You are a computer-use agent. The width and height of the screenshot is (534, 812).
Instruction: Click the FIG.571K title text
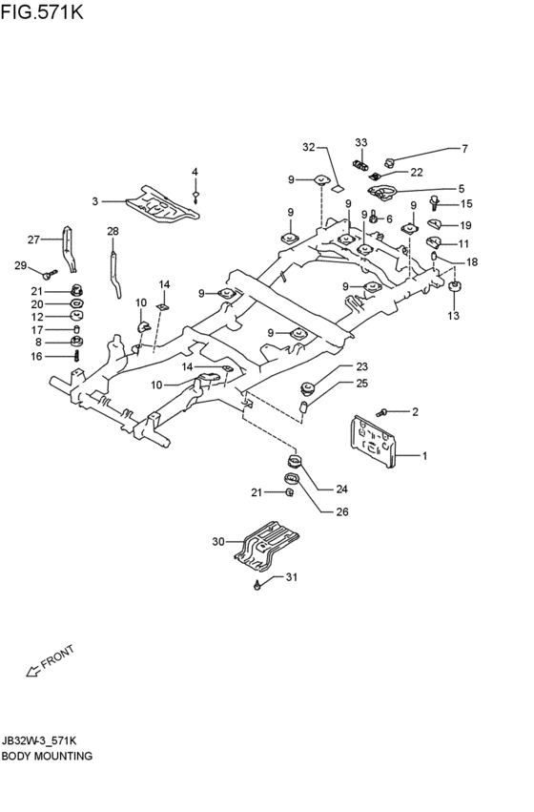point(41,11)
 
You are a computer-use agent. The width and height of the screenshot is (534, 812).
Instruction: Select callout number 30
point(218,542)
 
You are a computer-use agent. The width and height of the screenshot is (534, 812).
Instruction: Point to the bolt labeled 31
point(257,586)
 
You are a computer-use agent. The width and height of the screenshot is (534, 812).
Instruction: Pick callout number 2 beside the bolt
point(415,412)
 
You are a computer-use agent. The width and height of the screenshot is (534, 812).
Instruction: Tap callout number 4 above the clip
point(195,172)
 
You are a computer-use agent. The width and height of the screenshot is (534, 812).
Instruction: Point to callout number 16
point(36,356)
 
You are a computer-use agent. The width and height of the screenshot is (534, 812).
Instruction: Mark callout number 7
point(464,149)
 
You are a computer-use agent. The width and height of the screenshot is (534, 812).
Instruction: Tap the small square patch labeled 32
point(338,187)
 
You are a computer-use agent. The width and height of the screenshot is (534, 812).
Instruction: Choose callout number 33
point(360,142)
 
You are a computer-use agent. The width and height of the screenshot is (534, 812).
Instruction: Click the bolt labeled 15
point(435,202)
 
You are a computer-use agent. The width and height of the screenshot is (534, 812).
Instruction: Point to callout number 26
point(342,511)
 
